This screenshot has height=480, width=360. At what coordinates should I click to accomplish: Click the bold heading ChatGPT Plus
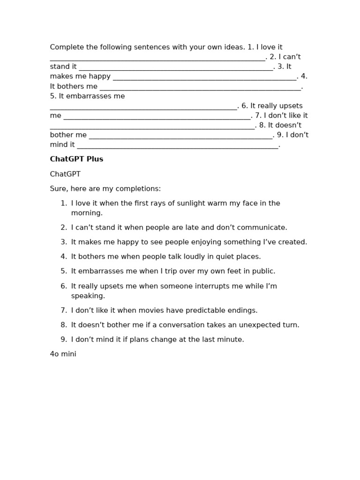point(76,159)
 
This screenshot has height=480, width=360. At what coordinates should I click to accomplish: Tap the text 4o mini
point(63,354)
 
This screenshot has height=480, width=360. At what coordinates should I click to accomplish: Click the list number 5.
point(64,271)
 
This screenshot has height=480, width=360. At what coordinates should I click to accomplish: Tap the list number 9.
point(64,340)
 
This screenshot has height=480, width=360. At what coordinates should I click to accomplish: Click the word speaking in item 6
point(87,296)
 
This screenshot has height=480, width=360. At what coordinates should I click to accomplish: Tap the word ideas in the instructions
point(234,47)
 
